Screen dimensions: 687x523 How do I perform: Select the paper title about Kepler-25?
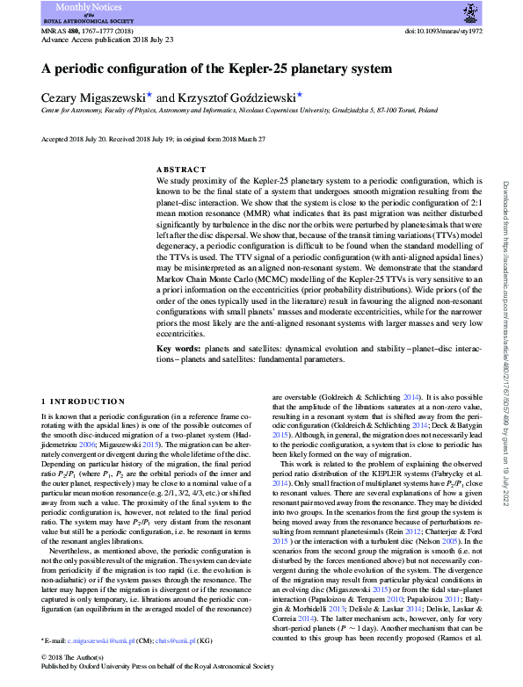coord(216,69)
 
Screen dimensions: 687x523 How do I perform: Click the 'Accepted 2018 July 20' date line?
coord(70,139)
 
